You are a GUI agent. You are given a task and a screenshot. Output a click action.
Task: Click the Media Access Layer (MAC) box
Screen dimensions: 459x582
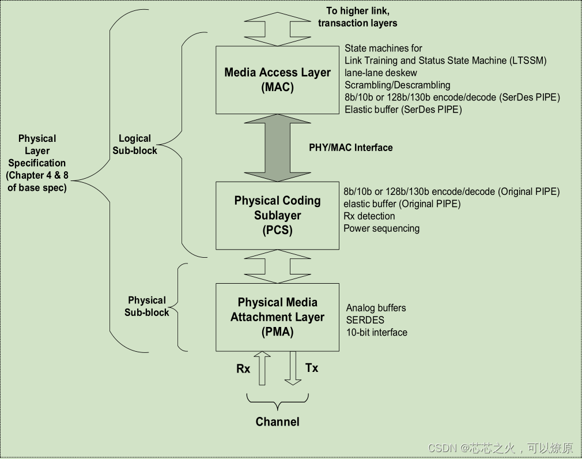pyautogui.click(x=277, y=80)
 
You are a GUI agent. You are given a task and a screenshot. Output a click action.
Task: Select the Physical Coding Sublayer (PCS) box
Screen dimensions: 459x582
pyautogui.click(x=277, y=215)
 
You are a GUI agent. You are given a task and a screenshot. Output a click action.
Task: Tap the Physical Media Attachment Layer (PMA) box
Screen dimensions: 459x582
pyautogui.click(x=277, y=317)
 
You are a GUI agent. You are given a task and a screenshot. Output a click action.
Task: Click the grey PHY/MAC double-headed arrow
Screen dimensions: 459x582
pyautogui.click(x=277, y=148)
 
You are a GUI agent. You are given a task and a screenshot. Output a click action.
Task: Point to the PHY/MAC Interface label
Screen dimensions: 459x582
pyautogui.click(x=350, y=148)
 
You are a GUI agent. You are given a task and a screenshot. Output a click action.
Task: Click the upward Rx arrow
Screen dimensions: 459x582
pyautogui.click(x=263, y=369)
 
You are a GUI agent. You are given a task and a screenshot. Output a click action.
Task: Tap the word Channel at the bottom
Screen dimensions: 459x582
pyautogui.click(x=277, y=422)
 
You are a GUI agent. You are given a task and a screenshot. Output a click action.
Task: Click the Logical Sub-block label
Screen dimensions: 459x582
pyautogui.click(x=134, y=144)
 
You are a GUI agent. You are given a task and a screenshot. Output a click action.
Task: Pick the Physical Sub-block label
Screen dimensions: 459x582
pyautogui.click(x=147, y=306)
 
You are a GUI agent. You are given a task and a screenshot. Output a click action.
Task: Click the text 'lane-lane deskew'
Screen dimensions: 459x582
pyautogui.click(x=381, y=73)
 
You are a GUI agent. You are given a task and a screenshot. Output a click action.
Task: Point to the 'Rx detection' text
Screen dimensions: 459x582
pyautogui.click(x=369, y=216)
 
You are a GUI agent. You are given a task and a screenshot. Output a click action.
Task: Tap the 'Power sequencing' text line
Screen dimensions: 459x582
pyautogui.click(x=381, y=228)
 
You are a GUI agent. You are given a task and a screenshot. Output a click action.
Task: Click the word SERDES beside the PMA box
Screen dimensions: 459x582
pyautogui.click(x=365, y=320)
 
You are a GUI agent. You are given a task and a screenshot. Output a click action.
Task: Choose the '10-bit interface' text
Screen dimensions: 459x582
pyautogui.click(x=377, y=332)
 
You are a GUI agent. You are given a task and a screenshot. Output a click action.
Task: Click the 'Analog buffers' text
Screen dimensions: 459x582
pyautogui.click(x=376, y=308)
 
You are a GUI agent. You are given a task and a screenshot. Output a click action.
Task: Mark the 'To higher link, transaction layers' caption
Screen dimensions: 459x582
pyautogui.click(x=357, y=17)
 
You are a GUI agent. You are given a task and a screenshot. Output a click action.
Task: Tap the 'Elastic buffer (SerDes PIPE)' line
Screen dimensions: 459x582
pyautogui.click(x=403, y=109)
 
